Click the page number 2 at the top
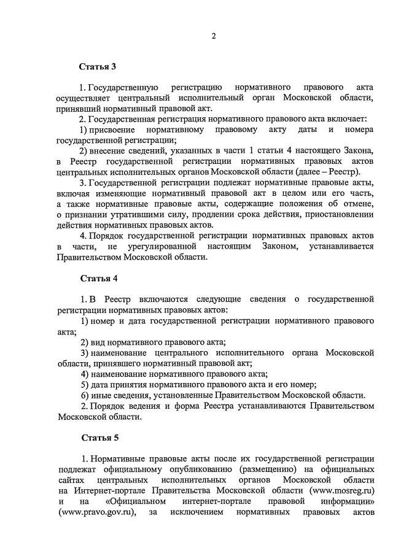[x=213, y=36]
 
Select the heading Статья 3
[x=98, y=66]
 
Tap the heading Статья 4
[x=98, y=278]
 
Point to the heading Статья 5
[x=98, y=438]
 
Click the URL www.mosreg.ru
[x=342, y=490]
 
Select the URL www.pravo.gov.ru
[x=96, y=512]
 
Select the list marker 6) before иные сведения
[x=85, y=395]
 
